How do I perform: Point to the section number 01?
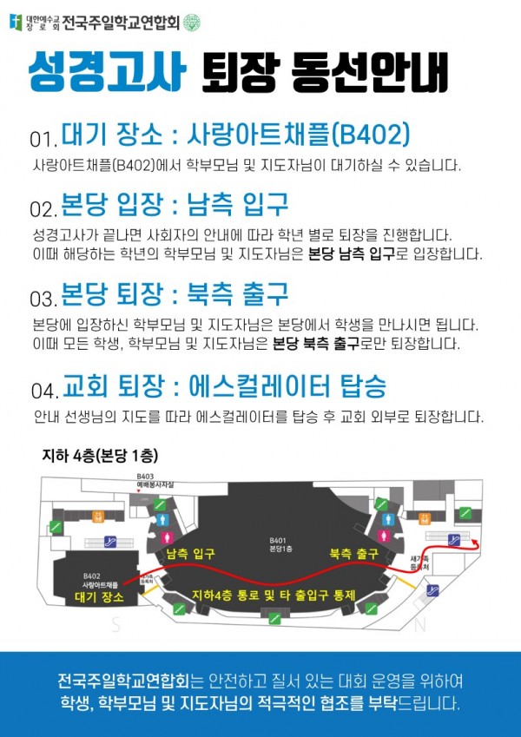tap(43, 139)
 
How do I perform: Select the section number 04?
tap(43, 389)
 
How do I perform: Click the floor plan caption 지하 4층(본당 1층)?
tap(100, 454)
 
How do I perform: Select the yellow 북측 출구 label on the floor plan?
tap(353, 554)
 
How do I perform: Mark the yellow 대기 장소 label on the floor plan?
tap(98, 598)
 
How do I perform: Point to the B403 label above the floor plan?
tap(145, 476)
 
